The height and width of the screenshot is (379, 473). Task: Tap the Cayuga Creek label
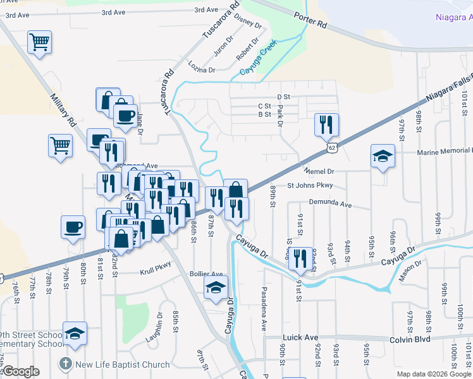click(x=256, y=66)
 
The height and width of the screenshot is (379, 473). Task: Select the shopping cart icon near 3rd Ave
click(x=39, y=43)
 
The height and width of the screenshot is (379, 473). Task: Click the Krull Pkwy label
click(x=156, y=265)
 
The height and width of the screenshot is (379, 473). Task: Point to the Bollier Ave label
click(x=206, y=274)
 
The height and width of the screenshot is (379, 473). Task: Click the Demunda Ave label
click(x=329, y=205)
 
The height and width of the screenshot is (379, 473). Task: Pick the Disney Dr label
click(x=247, y=22)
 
